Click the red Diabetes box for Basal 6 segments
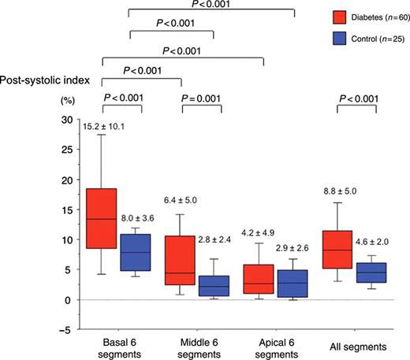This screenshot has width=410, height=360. (x=102, y=218)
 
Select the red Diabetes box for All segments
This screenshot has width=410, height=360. (x=337, y=249)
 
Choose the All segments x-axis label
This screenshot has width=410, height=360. (x=357, y=347)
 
